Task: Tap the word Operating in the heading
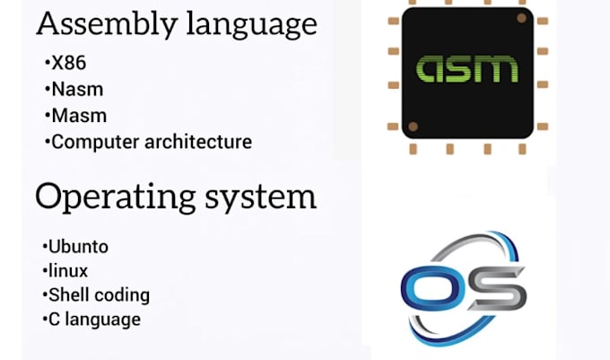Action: click(113, 197)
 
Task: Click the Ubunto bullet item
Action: click(74, 246)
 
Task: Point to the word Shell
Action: click(68, 294)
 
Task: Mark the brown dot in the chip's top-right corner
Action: click(520, 16)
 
